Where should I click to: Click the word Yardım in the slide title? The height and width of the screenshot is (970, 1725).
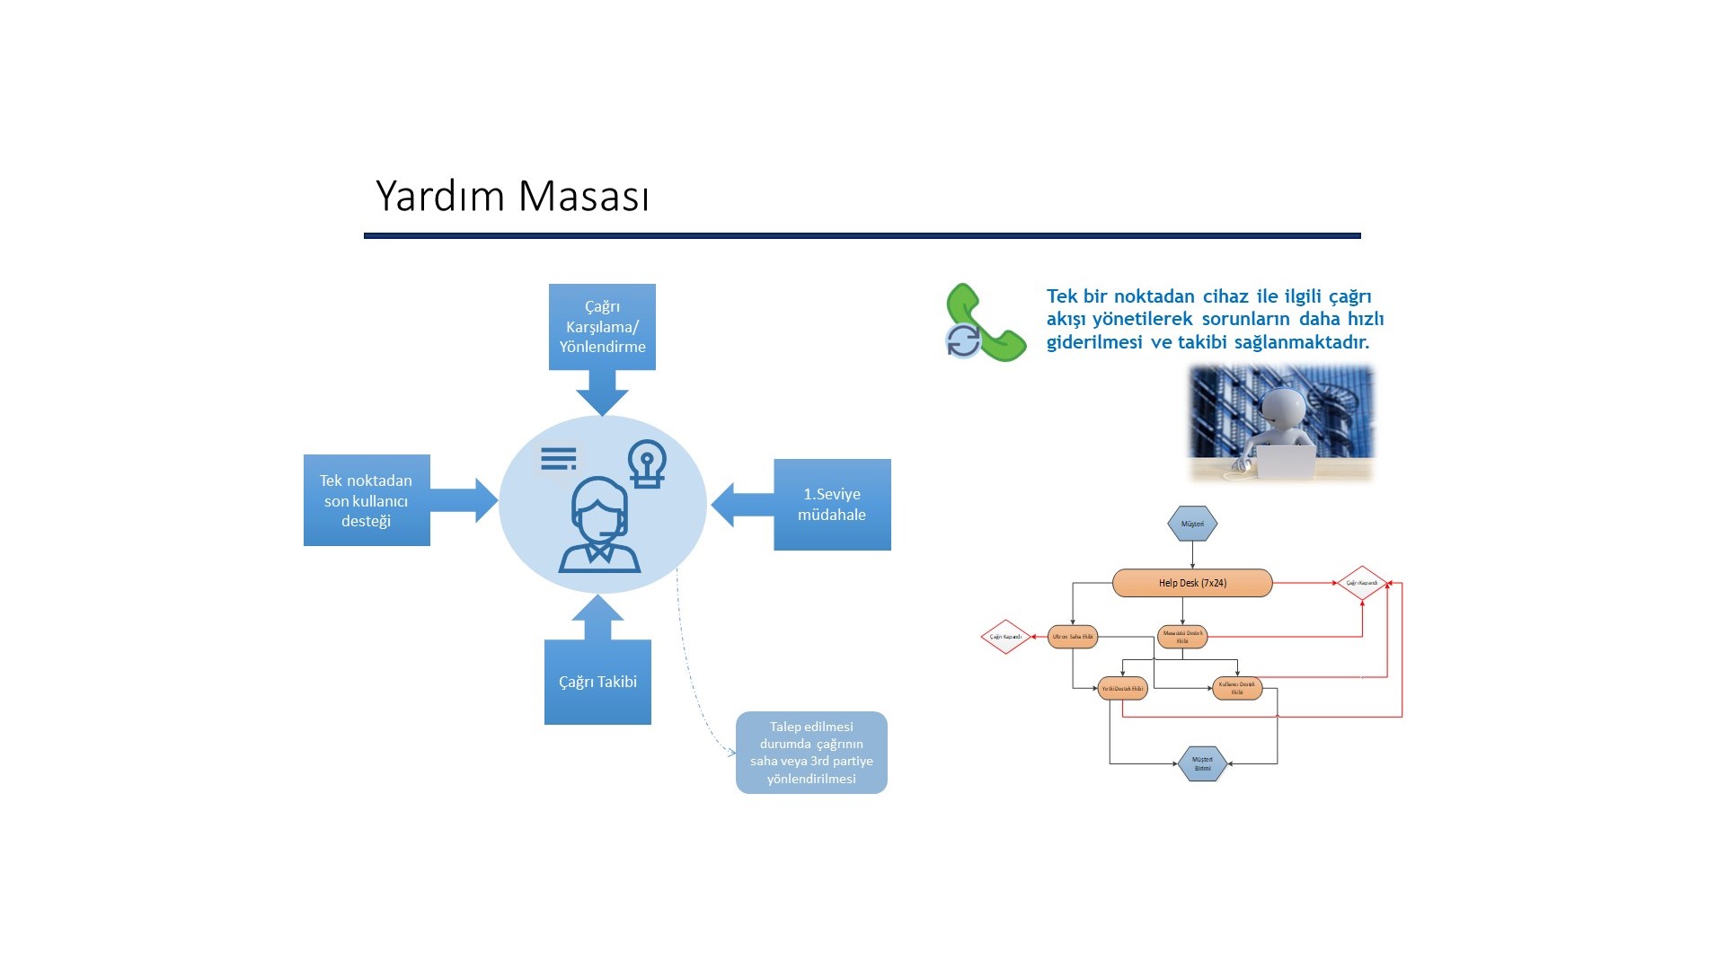point(441,197)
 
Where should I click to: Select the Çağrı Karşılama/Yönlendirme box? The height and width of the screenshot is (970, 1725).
point(602,326)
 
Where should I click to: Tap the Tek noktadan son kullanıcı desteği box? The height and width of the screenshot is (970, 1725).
point(367,500)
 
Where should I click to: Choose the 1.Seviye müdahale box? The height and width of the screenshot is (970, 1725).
point(832,504)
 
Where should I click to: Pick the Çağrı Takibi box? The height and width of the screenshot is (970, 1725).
point(597,682)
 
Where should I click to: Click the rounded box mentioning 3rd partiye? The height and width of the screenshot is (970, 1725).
point(811,753)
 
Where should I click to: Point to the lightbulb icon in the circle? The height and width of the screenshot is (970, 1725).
point(647,463)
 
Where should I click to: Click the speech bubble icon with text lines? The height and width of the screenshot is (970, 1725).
point(559,460)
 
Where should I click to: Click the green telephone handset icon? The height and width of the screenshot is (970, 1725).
point(988,323)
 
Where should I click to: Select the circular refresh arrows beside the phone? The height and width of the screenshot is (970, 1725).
point(963,341)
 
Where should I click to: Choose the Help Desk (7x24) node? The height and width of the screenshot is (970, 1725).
point(1192,583)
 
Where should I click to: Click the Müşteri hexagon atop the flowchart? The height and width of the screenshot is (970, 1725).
point(1192,524)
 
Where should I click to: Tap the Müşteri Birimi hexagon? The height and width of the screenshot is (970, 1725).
point(1202,763)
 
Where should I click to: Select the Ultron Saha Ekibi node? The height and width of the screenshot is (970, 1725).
point(1073,637)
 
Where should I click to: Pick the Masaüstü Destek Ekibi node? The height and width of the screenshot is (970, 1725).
point(1182,637)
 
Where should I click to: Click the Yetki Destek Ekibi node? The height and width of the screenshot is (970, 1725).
point(1122,689)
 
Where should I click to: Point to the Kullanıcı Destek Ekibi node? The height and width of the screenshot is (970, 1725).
point(1237,689)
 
